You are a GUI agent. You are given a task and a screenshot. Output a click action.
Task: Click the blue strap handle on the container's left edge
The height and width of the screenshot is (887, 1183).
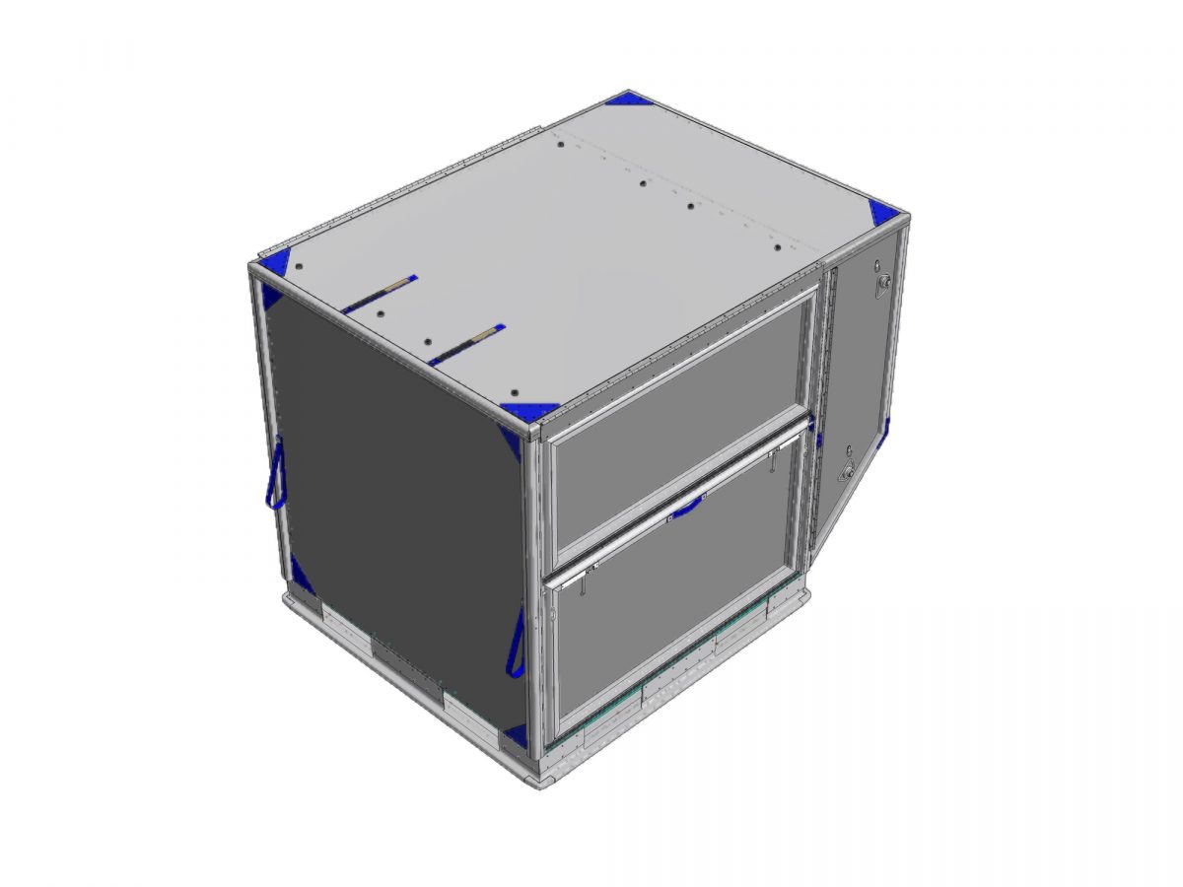coord(275,473)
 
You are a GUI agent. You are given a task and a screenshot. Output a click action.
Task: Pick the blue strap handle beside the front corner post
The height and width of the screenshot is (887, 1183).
coord(516,642)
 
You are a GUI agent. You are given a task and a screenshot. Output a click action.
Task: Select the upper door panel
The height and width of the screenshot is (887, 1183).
coord(680,414)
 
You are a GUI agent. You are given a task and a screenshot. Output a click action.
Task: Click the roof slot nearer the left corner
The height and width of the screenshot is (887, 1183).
coord(380,294)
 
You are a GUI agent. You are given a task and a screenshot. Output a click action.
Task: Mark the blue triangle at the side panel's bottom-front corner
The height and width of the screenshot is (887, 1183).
coord(514,735)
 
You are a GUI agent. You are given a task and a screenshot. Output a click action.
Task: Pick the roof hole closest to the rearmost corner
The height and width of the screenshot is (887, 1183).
coord(560,145)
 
